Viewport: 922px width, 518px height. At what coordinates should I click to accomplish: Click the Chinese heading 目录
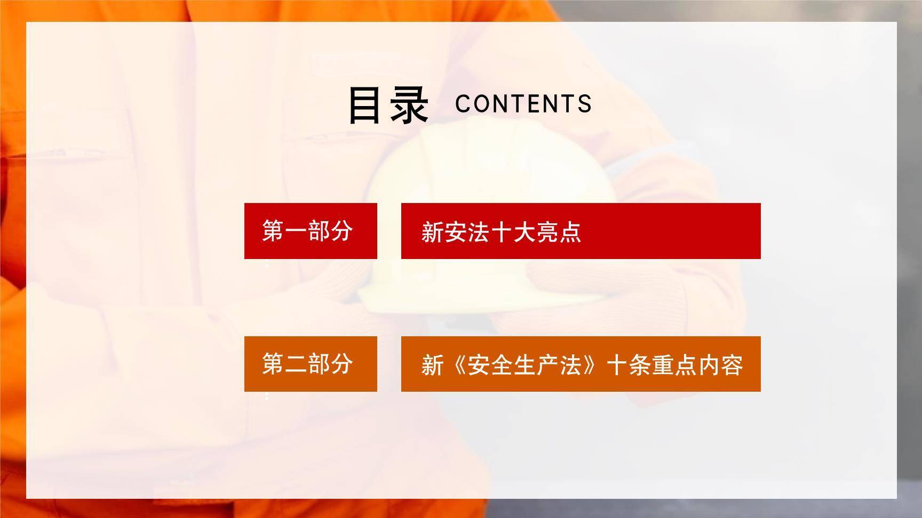[x=388, y=105]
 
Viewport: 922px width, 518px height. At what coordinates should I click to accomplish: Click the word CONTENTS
[x=523, y=104]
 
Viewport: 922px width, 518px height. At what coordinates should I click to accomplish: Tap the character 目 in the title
[x=367, y=105]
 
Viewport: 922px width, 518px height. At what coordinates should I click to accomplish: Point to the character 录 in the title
[x=409, y=105]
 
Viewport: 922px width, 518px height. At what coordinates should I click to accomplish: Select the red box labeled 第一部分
[x=311, y=231]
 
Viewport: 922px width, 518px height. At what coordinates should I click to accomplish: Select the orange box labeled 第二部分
[x=311, y=364]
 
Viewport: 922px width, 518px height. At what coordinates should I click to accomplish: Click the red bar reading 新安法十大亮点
[x=581, y=231]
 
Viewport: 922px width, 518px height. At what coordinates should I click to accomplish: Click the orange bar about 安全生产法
[x=581, y=364]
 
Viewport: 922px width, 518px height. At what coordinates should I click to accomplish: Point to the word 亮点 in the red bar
[x=559, y=232]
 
